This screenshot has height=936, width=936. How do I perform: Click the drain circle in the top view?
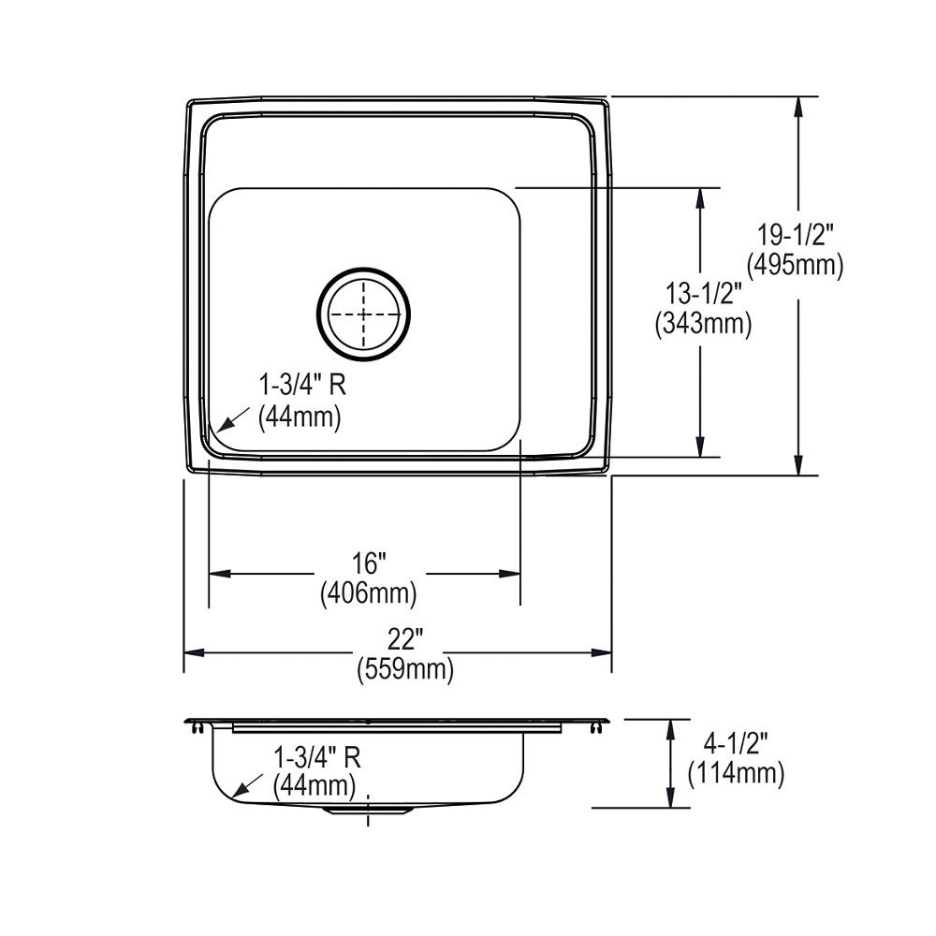pyautogui.click(x=363, y=314)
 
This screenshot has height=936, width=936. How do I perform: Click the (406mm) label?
pyautogui.click(x=368, y=592)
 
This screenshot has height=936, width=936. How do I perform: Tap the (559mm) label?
pyautogui.click(x=404, y=670)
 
